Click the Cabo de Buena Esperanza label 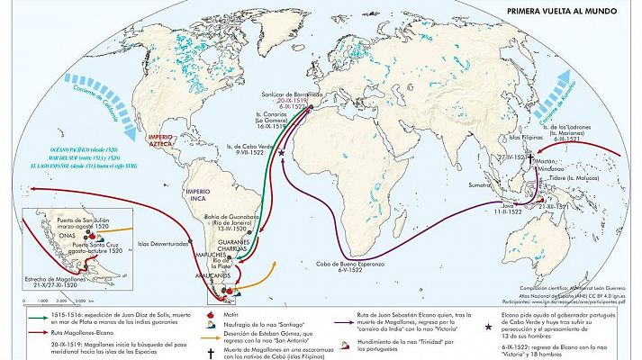coord(350,265)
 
